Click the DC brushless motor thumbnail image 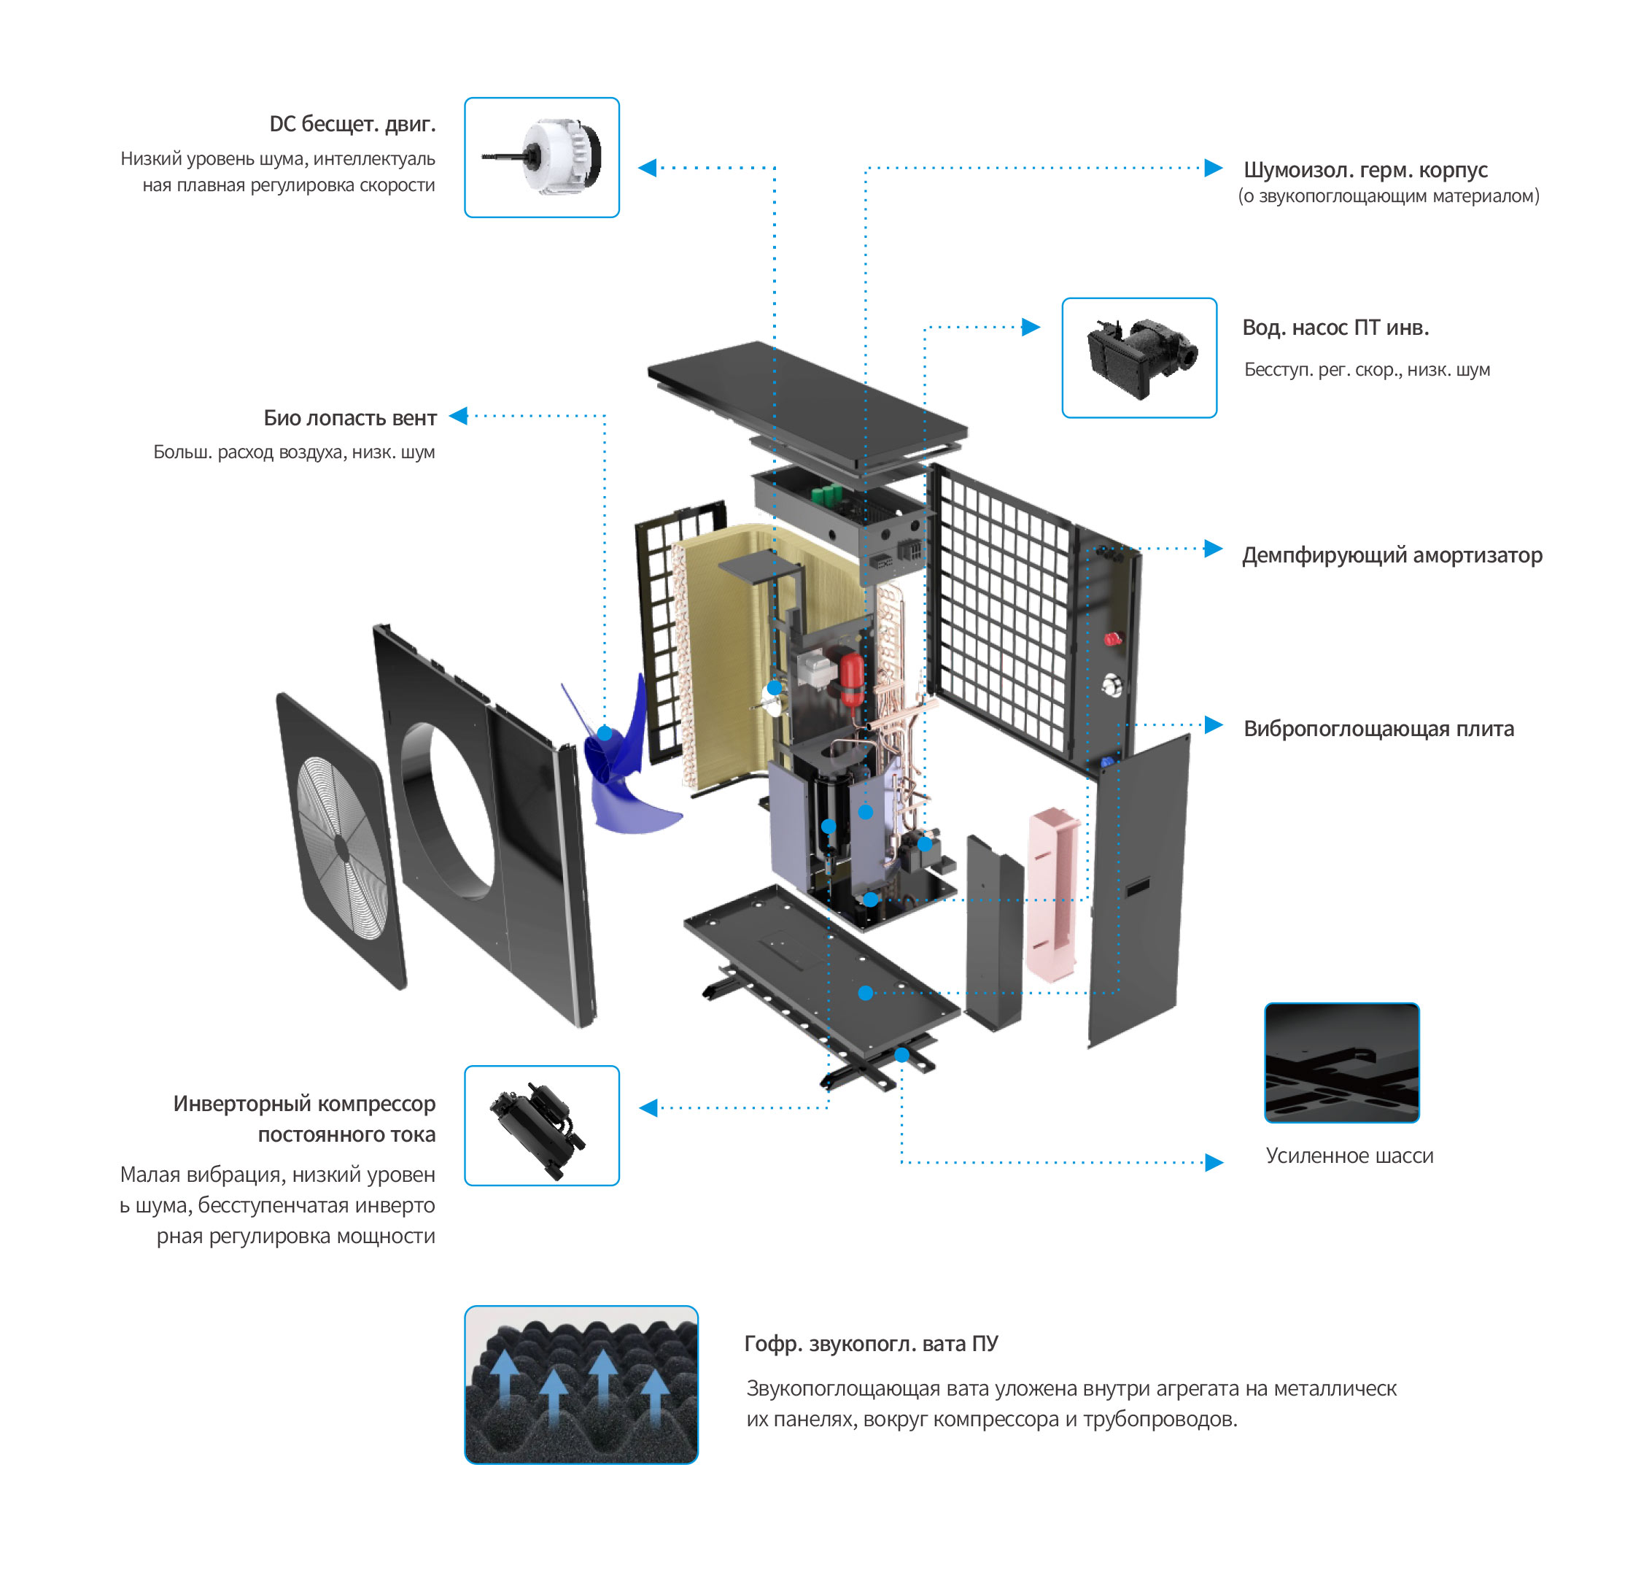(542, 158)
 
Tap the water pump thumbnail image (1138, 357)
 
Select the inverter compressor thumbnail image (542, 1125)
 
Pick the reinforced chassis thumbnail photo (1341, 1062)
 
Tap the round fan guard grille (341, 846)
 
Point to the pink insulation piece (1052, 893)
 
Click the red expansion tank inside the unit (850, 680)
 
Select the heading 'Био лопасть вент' (350, 417)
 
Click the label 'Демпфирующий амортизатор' (1392, 554)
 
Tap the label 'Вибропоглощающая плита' (1378, 728)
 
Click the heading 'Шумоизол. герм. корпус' (1365, 170)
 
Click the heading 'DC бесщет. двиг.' (352, 124)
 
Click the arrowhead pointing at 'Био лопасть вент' (458, 415)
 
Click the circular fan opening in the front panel (447, 810)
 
